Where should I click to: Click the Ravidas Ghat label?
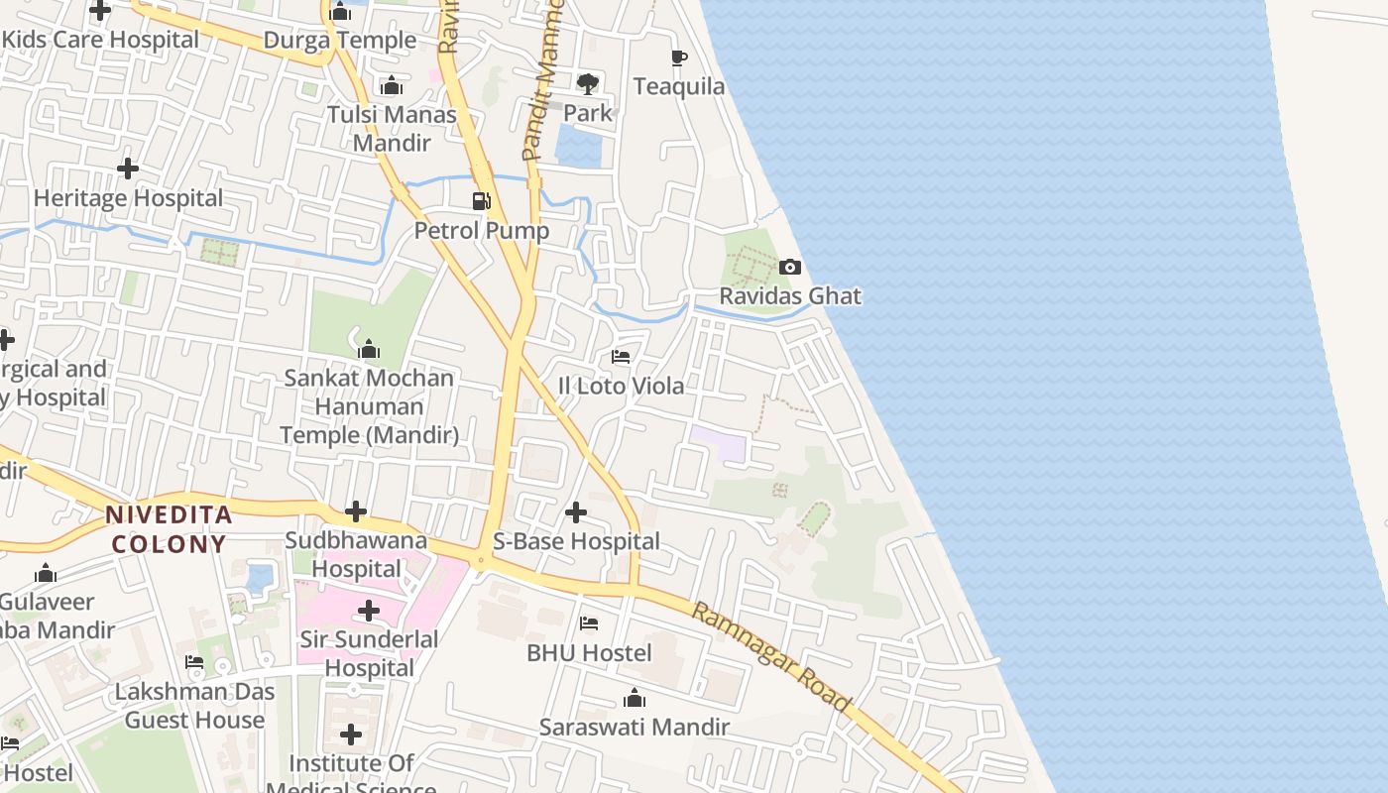coord(790,296)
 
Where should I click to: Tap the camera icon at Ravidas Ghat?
coord(790,267)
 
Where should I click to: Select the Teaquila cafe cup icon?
coord(679,57)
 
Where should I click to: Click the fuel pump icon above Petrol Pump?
coord(482,201)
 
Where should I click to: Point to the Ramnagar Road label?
coord(771,657)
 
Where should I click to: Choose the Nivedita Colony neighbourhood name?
coord(169,529)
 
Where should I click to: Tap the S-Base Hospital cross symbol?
coord(576,512)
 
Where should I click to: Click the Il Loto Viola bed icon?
coord(622,356)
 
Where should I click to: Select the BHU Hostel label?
coord(589,653)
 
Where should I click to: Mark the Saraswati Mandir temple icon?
coord(635,699)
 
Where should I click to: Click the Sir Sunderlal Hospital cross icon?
coord(369,611)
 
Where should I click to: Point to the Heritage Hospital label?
coord(128,198)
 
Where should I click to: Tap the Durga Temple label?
coord(339,41)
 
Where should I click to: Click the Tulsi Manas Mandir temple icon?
coord(392,86)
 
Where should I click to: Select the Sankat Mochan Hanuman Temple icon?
coord(369,349)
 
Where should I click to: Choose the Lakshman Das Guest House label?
coord(194,706)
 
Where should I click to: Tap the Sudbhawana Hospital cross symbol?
coord(356,512)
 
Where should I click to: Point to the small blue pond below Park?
coord(578,148)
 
